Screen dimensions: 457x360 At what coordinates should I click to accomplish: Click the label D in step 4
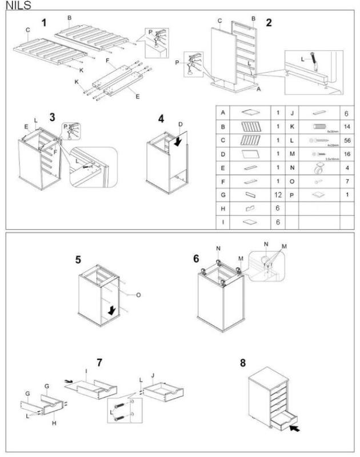(x=180, y=125)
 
